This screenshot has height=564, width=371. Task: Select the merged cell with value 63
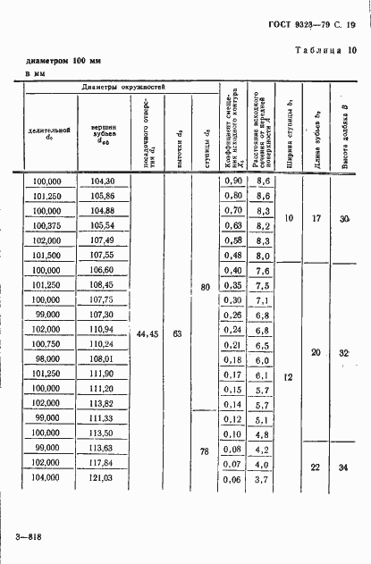pos(177,333)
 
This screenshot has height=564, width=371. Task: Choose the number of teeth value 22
pos(316,468)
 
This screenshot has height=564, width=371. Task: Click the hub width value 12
pos(288,377)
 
